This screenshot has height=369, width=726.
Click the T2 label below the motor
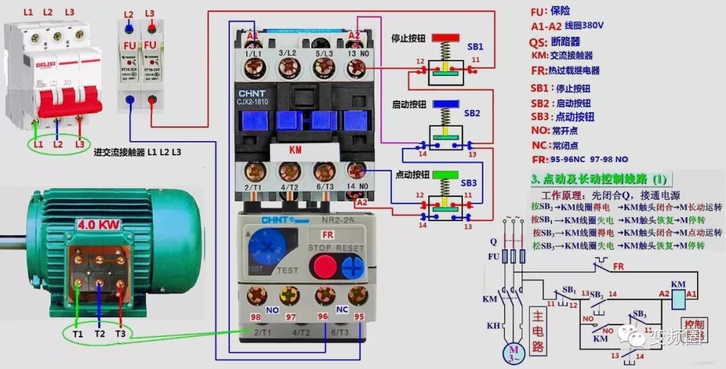tap(99, 333)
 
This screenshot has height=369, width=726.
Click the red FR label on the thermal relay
tap(327, 235)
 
